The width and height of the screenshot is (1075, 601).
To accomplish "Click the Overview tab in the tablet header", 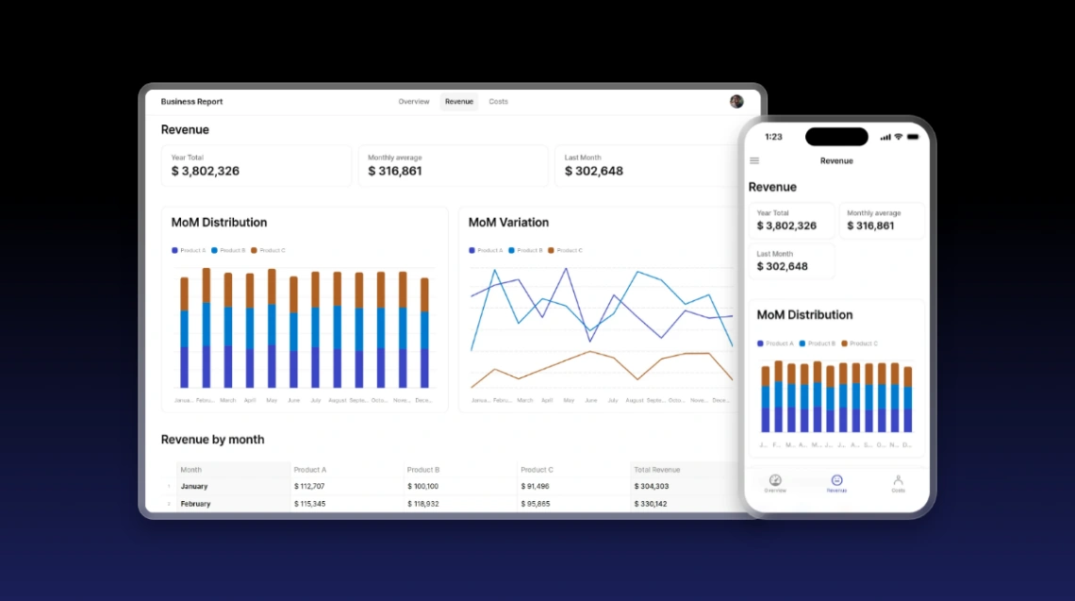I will (x=413, y=102).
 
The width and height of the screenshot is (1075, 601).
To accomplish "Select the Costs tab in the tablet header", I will (x=498, y=102).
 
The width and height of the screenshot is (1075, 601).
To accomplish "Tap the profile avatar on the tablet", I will (x=736, y=101).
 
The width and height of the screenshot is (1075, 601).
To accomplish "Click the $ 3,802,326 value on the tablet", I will (x=206, y=172).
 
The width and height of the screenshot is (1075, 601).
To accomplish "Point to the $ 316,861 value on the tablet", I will (x=395, y=172).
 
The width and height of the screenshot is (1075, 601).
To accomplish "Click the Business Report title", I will (x=191, y=102).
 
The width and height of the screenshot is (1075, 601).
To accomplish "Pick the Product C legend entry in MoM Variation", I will (x=566, y=250).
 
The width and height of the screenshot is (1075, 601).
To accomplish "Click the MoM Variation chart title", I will (x=508, y=223).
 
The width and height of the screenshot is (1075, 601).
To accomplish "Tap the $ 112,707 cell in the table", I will (x=310, y=487).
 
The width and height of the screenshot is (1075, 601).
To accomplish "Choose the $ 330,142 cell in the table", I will (x=652, y=504).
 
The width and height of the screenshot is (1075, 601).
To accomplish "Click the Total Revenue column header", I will (x=657, y=470).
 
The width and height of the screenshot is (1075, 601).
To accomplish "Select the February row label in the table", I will (x=195, y=504).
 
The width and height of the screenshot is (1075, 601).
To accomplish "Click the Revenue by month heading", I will (x=212, y=440).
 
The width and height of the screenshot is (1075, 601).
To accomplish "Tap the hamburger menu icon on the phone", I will (x=754, y=160).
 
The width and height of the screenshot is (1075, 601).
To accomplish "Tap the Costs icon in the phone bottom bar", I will (x=898, y=481).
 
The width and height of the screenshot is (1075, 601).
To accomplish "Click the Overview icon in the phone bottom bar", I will (x=775, y=481).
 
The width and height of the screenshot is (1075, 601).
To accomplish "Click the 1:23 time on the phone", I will (x=773, y=137).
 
